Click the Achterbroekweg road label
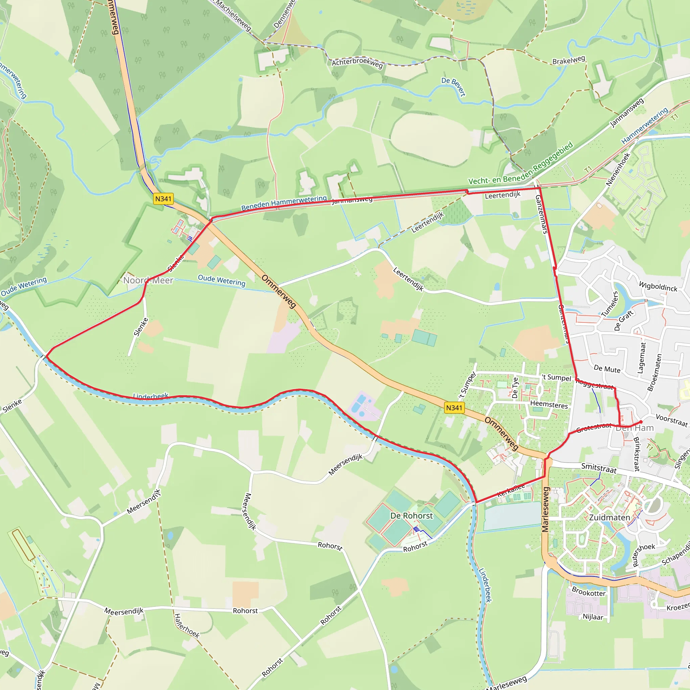click(357, 63)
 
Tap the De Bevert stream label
click(453, 87)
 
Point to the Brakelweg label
click(569, 60)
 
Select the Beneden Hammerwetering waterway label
click(284, 203)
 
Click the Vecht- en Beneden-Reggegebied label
click(521, 163)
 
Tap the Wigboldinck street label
click(658, 286)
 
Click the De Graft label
click(624, 320)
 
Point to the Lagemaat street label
click(642, 358)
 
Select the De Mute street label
click(607, 369)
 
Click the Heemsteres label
click(549, 405)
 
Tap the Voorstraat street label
click(671, 420)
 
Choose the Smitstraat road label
click(599, 468)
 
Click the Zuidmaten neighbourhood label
click(609, 517)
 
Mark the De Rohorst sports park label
click(411, 516)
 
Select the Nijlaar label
click(593, 617)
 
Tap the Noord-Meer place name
click(148, 280)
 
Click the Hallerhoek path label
click(187, 626)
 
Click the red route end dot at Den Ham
click(641, 422)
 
